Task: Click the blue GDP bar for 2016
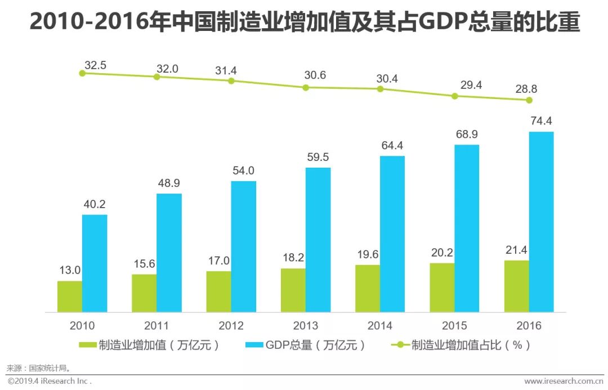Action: (x=541, y=222)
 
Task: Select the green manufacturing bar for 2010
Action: (x=70, y=297)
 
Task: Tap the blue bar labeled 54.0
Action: (x=243, y=246)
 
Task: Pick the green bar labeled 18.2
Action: (x=293, y=290)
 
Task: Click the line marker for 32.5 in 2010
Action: (x=82, y=73)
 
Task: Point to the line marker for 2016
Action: (x=529, y=100)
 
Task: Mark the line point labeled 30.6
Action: (x=306, y=87)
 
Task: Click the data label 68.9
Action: (x=467, y=136)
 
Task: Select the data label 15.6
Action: (x=144, y=264)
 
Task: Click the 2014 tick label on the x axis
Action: (x=379, y=325)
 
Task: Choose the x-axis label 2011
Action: (x=157, y=325)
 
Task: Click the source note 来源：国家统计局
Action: (x=39, y=369)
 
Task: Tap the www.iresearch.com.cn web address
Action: (x=563, y=381)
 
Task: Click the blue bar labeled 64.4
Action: (x=392, y=234)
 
